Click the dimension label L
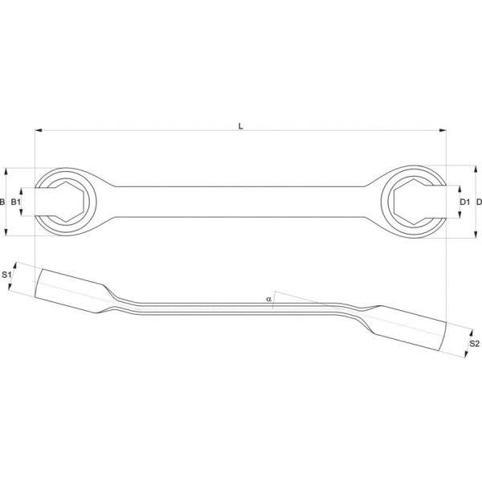click(x=241, y=126)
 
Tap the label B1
click(x=16, y=202)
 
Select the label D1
click(x=465, y=202)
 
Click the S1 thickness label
click(x=6, y=275)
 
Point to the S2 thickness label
click(x=474, y=344)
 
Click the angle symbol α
click(x=269, y=299)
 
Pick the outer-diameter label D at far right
click(x=479, y=202)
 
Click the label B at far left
click(x=2, y=202)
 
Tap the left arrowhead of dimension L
click(x=39, y=130)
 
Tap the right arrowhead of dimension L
click(x=443, y=130)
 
